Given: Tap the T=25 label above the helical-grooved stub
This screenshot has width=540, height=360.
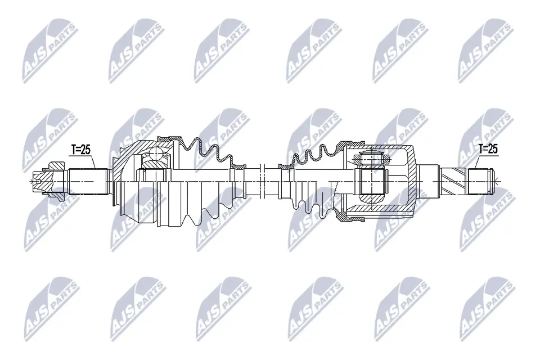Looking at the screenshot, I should (x=487, y=148).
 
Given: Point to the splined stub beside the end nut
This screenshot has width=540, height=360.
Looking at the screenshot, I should (x=88, y=181).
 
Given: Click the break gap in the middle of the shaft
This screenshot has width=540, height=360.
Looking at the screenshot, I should (x=270, y=180).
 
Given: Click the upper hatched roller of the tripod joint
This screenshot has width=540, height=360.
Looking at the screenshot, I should (x=371, y=157).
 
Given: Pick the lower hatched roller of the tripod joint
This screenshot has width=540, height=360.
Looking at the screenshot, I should (x=371, y=199).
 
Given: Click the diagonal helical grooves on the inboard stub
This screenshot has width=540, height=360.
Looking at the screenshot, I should (x=456, y=181).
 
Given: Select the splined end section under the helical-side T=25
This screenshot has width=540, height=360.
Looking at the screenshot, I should (x=484, y=181).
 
